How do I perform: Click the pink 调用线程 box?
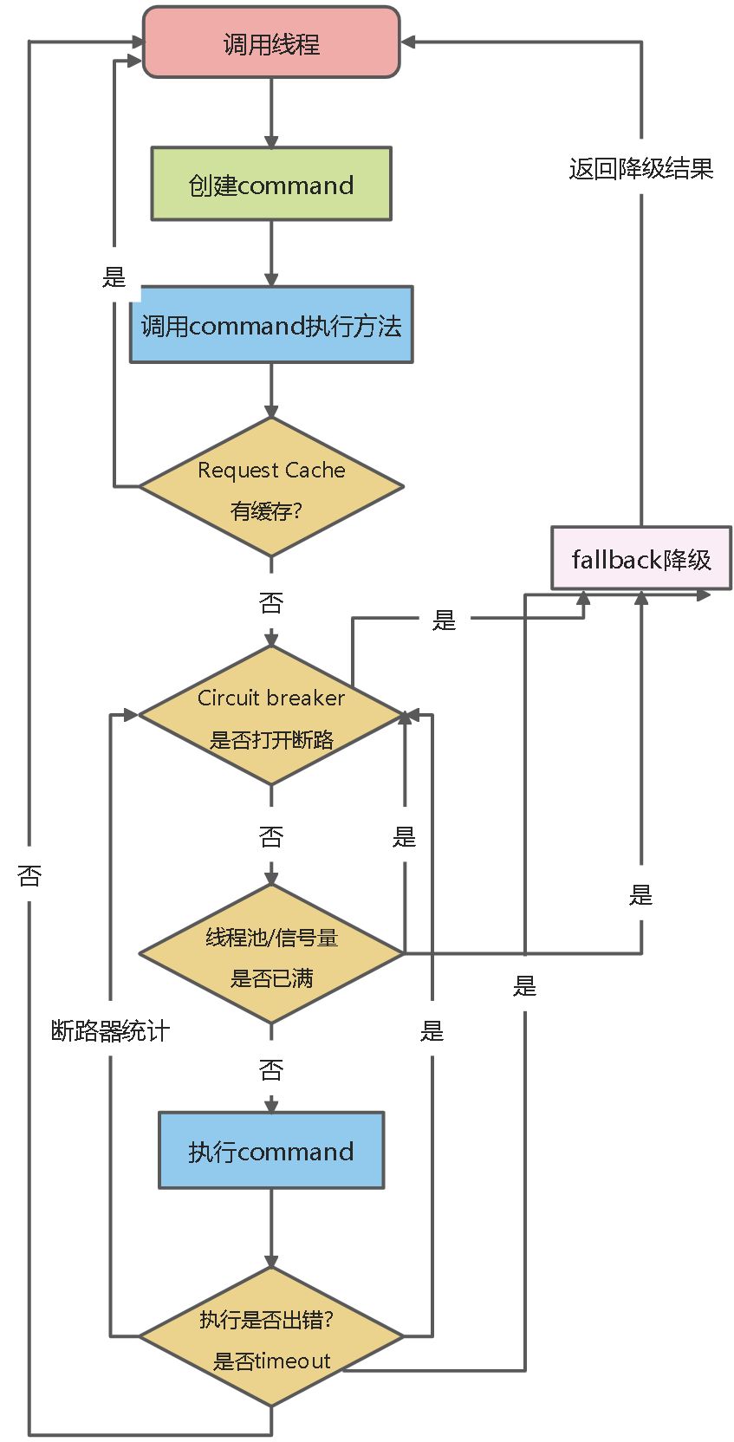pos(271,42)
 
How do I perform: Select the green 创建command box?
pos(271,184)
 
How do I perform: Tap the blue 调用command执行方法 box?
pos(271,325)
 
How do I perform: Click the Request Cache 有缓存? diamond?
pos(271,487)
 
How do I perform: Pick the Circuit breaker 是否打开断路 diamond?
pos(271,716)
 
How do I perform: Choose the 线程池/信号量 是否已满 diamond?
pos(271,954)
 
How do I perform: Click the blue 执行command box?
pos(271,1150)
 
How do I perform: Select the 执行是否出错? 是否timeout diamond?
pos(271,1337)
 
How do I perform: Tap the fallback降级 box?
pos(641,559)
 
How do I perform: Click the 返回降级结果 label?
pos(641,168)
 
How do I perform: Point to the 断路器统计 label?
pos(110,1030)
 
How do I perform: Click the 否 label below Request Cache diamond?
pos(271,602)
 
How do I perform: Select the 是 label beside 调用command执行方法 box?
pos(114,277)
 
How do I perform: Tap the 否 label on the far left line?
pos(29,875)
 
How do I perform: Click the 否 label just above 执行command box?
pos(271,1069)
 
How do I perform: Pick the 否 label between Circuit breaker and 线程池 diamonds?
pos(271,836)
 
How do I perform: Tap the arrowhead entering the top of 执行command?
pos(271,1106)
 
